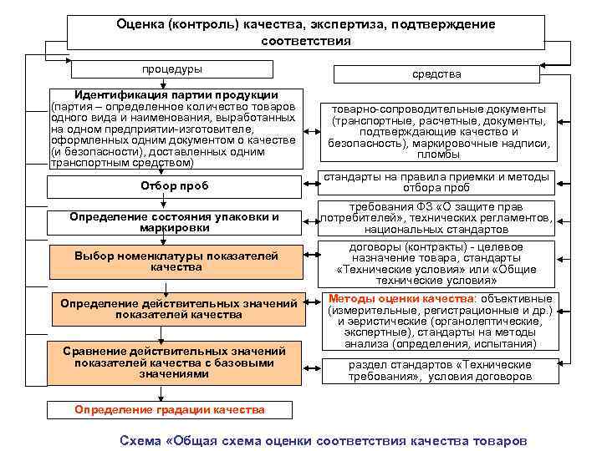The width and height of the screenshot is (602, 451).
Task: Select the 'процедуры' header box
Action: (171, 68)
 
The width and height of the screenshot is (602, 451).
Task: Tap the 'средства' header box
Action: (436, 74)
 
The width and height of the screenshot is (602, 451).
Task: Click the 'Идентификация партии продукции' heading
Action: (176, 94)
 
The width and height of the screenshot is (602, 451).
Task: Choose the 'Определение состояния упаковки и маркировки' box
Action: (175, 222)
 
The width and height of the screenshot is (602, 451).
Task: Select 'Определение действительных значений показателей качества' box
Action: (177, 308)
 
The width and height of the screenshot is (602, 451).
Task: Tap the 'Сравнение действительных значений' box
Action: (175, 362)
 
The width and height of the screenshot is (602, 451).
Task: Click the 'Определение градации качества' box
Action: (170, 409)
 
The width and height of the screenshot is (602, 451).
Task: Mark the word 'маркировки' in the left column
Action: (175, 227)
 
